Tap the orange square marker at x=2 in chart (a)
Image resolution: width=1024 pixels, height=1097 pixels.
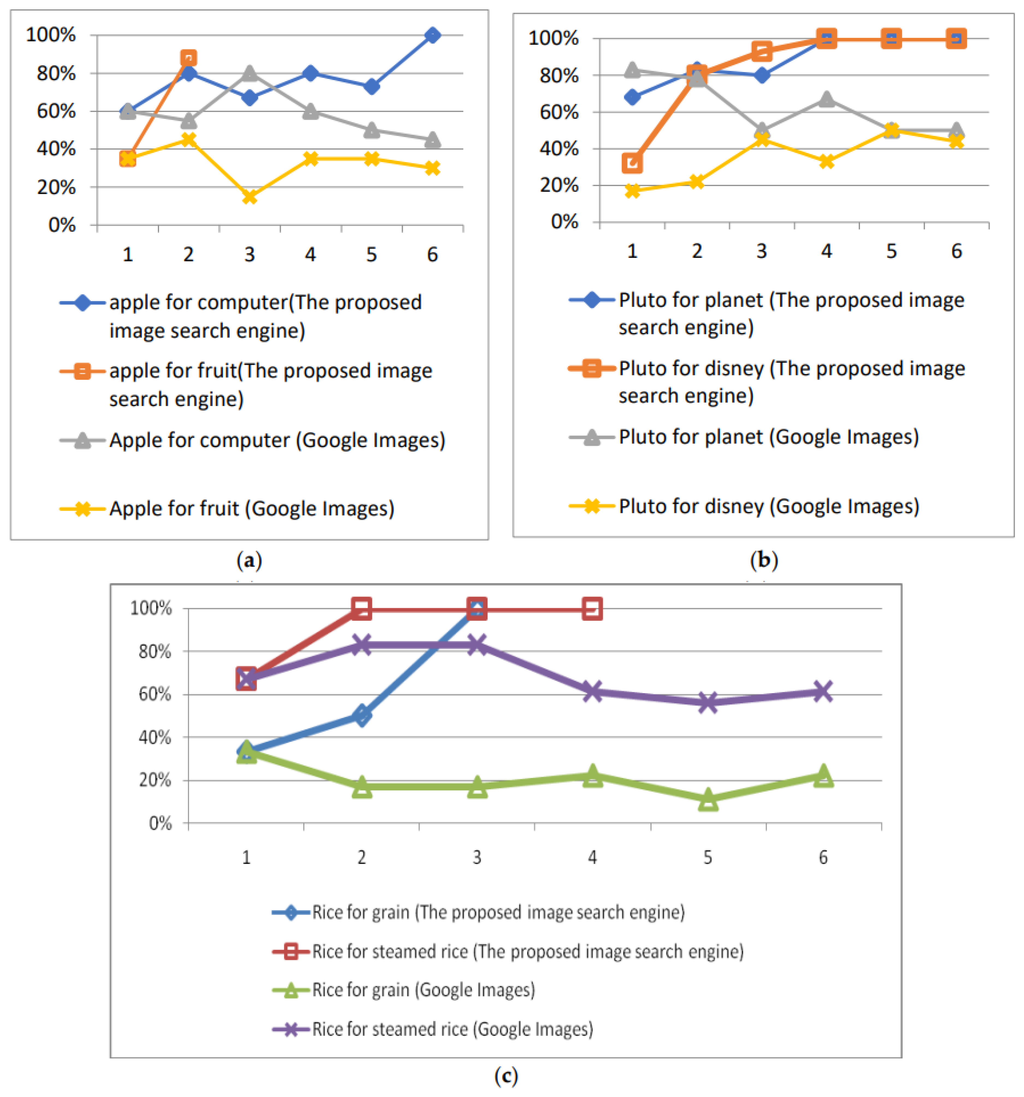tap(188, 58)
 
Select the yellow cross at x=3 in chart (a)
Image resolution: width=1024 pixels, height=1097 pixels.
tap(249, 196)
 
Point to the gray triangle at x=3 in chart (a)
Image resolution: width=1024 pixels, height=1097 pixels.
tap(249, 73)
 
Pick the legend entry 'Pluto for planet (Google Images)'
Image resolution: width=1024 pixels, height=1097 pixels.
tap(768, 437)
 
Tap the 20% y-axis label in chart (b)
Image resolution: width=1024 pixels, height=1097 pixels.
tap(558, 186)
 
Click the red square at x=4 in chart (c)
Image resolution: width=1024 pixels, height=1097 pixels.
tap(592, 609)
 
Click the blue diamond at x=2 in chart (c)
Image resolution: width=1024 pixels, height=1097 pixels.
tap(361, 716)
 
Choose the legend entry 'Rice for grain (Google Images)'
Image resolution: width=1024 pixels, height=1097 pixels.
tap(423, 989)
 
